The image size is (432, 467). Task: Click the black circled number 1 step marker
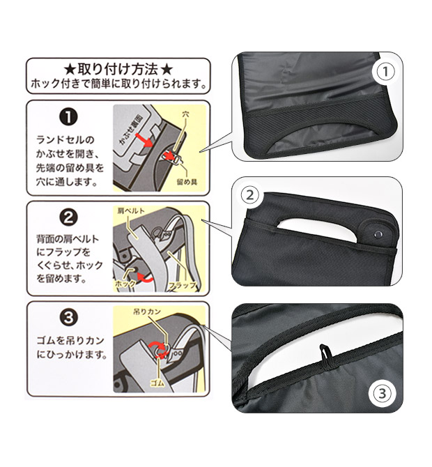coord(69,117)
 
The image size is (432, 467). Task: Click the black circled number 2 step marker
coord(69,217)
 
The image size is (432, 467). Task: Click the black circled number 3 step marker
coord(69,317)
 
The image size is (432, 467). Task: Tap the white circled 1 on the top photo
coord(385,72)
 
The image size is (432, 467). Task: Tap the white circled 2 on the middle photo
coord(250,195)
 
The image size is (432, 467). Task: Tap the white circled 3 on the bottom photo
coord(382,393)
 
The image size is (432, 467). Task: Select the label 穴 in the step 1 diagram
coord(185,114)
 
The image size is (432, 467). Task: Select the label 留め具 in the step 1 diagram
coord(187,182)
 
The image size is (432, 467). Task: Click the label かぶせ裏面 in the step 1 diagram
coord(131,129)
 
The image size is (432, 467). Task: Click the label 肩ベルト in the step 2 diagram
coord(131,211)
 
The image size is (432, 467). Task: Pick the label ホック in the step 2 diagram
coord(125,284)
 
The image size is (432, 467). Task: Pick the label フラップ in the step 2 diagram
coord(183,285)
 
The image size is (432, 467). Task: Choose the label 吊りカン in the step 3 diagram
coord(147,312)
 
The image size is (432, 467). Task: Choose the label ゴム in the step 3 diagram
coord(157,383)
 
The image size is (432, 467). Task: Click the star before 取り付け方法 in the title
coord(70,70)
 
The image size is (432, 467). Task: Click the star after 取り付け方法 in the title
coord(167,70)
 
